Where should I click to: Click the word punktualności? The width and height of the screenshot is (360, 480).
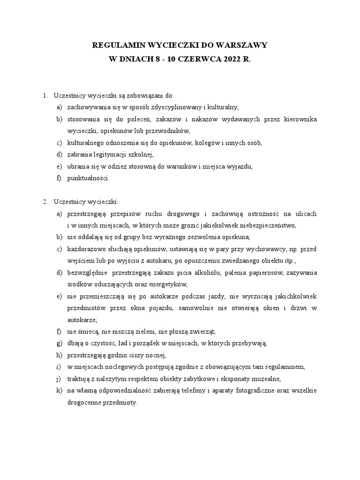pos(89,178)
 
